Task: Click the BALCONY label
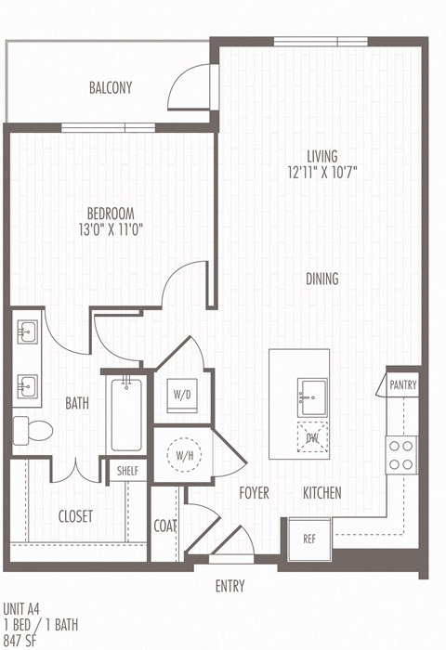111,88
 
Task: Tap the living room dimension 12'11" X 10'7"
322,172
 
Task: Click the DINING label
322,279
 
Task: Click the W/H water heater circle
181,456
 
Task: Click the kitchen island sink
312,396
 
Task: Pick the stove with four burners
401,454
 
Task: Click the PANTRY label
403,384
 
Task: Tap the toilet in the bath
36,427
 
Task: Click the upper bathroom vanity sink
27,330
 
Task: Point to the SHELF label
127,471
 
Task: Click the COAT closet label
164,526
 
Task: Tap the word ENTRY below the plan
230,586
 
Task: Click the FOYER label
254,493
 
